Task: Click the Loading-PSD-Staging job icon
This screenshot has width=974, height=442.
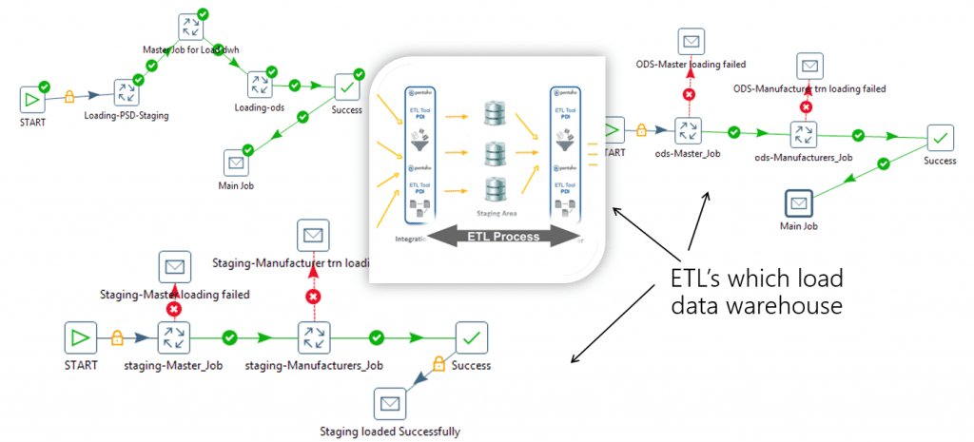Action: tap(127, 93)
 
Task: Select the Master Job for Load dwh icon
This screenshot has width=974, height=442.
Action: tap(189, 27)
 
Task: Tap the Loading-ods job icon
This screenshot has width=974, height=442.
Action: tap(259, 85)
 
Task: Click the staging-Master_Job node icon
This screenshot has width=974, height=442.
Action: tap(175, 337)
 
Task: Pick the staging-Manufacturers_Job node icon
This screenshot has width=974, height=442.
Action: tap(313, 337)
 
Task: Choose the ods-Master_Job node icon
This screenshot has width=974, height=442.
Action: tap(687, 130)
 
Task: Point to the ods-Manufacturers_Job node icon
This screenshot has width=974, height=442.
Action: tap(806, 133)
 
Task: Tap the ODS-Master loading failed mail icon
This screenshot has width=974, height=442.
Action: tap(691, 41)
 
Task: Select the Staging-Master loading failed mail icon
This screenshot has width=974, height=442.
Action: tap(174, 268)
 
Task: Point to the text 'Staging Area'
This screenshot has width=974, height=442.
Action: tap(494, 214)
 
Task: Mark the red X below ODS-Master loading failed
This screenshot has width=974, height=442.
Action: tap(690, 93)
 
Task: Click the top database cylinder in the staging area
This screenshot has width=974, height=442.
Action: tap(493, 113)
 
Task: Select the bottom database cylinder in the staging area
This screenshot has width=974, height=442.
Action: tap(493, 189)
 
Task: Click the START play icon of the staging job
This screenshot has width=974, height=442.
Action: tap(80, 337)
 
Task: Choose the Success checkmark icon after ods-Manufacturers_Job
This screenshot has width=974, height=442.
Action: tap(940, 140)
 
